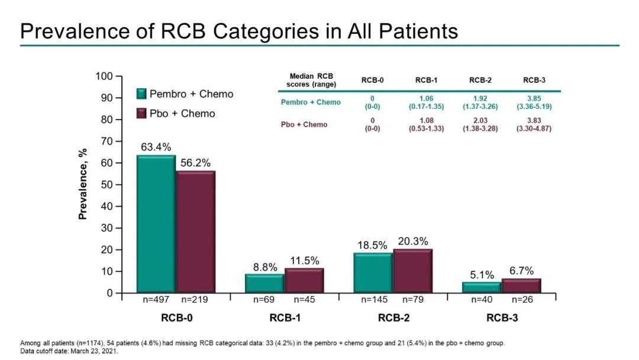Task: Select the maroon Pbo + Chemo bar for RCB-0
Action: [x=195, y=232]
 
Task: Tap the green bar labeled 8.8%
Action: [x=264, y=284]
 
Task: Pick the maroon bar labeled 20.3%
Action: [x=413, y=271]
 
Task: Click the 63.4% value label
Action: [x=156, y=146]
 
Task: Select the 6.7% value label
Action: [x=522, y=270]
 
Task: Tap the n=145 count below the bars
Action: [x=375, y=300]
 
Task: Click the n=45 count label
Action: [x=304, y=300]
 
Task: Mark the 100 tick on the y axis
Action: [x=105, y=76]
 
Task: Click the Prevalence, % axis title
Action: [x=83, y=184]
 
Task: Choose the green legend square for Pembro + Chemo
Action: [x=141, y=94]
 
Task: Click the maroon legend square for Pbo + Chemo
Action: [x=141, y=113]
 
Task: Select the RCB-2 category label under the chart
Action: [x=393, y=318]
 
